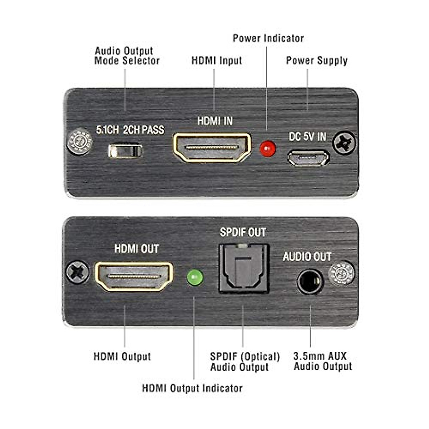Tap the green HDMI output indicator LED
pos(195,277)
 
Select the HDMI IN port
pos(212,147)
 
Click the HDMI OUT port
pos(134,276)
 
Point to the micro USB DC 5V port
pos(308,158)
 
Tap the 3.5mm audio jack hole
pos(310,282)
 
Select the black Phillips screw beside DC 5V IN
pos(344,143)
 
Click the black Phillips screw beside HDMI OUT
pos(78,272)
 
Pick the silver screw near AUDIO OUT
pos(341,273)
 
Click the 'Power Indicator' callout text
pos(268,38)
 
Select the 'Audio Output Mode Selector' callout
pos(127,56)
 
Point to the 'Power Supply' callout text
pos(317,60)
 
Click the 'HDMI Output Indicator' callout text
pos(192,388)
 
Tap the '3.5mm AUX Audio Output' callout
pos(323,361)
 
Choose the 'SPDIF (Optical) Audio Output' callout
pos(245,362)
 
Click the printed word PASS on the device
pos(153,130)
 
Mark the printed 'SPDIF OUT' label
pos(243,232)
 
